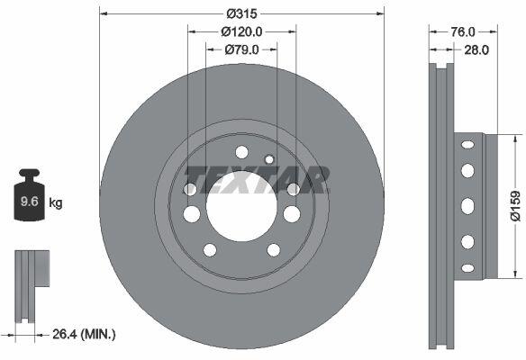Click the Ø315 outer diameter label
click(241, 13)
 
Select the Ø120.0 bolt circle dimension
click(241, 31)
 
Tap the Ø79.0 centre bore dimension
click(241, 49)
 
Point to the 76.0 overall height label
click(463, 31)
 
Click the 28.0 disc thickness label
click(476, 49)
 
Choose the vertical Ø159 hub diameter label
click(515, 206)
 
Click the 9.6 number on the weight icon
click(30, 202)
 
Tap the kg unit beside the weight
click(56, 203)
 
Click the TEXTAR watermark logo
click(257, 180)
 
